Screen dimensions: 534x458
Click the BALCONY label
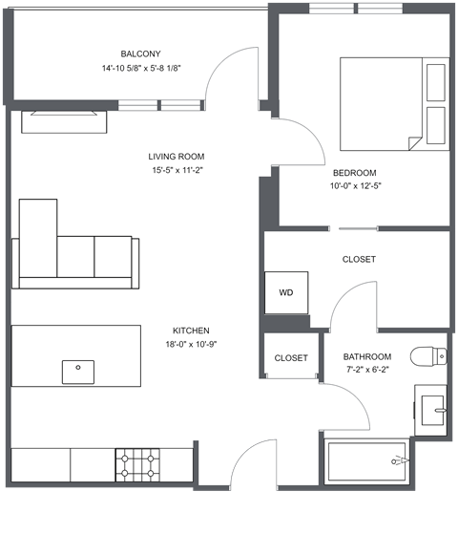140,53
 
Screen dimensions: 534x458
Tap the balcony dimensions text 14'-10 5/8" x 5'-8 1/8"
140,69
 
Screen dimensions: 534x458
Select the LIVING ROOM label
177,157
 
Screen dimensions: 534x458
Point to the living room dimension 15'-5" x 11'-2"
177,170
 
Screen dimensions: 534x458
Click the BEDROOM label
355,173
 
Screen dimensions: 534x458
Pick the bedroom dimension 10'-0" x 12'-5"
355,187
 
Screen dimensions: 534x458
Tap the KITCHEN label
191,331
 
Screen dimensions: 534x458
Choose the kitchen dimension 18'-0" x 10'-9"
191,344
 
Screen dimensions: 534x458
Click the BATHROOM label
366,357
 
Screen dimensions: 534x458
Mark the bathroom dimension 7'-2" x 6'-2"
366,371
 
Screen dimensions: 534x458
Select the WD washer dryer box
286,293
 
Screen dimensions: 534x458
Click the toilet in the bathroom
427,356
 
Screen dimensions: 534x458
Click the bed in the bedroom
393,103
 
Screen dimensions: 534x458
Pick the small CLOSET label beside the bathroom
291,358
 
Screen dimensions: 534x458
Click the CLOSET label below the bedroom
359,259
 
